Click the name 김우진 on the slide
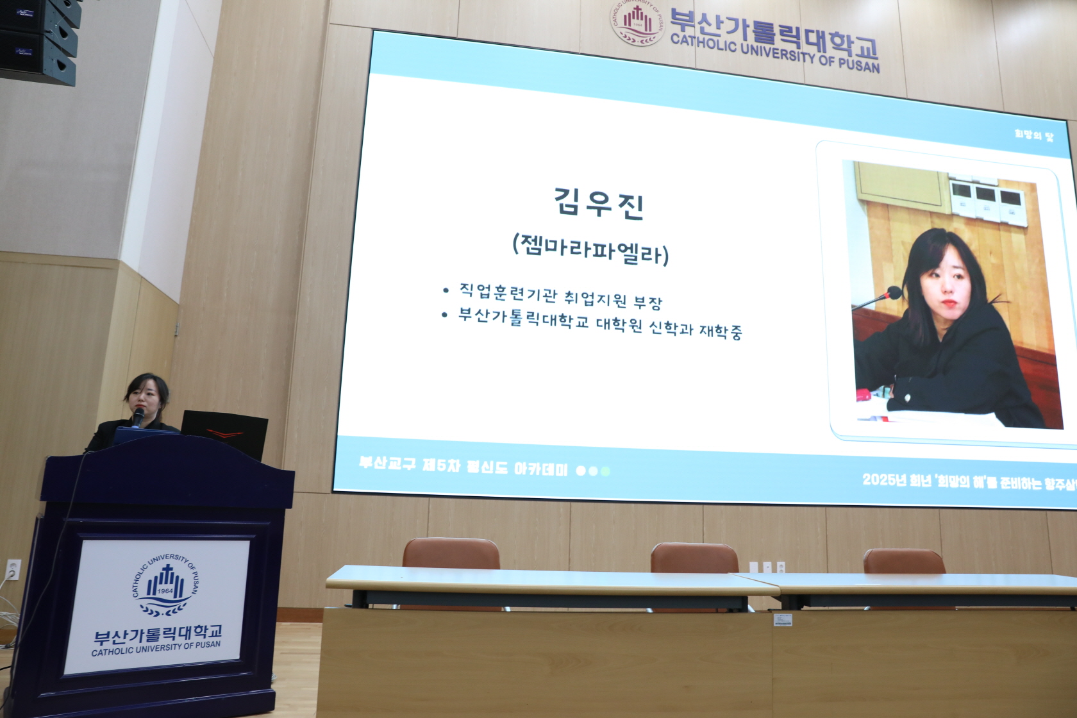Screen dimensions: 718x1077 click(599, 204)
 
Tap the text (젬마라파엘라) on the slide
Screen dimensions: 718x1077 click(590, 250)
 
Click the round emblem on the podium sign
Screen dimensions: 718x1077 click(165, 585)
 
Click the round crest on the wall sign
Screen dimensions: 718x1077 click(637, 22)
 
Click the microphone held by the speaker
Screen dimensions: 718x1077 click(137, 417)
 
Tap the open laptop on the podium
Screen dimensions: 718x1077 click(224, 431)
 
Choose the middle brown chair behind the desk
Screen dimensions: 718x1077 click(694, 558)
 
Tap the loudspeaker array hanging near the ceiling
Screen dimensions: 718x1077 click(40, 40)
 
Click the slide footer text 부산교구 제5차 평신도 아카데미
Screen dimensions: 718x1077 click(463, 466)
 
